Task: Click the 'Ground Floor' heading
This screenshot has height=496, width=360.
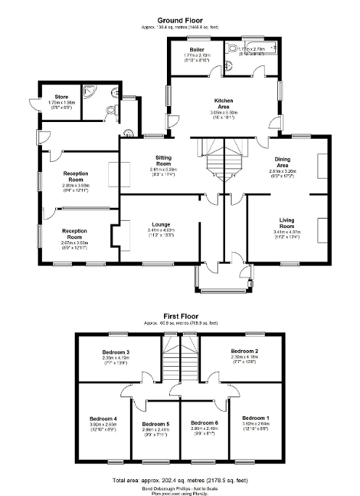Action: (x=179, y=21)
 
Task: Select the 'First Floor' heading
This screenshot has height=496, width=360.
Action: (x=179, y=317)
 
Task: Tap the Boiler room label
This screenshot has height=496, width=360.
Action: (x=190, y=49)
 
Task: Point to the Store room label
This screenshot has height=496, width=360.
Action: (x=51, y=96)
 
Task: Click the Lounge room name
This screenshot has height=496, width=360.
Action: (x=161, y=225)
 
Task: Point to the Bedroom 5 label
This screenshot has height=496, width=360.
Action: (x=155, y=423)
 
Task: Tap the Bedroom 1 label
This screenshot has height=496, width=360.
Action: (x=255, y=418)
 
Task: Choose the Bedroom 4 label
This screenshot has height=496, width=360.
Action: (x=102, y=418)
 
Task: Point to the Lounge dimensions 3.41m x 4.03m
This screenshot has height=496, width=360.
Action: (x=161, y=231)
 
